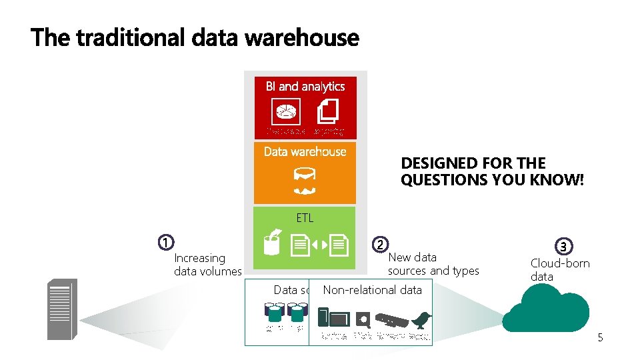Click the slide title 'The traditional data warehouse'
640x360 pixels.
[194, 37]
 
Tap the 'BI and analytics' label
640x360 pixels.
[305, 87]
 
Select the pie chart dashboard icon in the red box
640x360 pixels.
[286, 111]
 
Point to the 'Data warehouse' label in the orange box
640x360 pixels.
[305, 152]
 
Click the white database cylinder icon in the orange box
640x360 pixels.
[305, 175]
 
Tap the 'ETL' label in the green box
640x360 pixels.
[305, 218]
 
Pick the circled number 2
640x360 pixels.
[379, 244]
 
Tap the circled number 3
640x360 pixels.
[565, 247]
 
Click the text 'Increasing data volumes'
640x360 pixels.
[207, 265]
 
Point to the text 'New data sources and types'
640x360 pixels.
[433, 264]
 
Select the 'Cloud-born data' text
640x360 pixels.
[560, 269]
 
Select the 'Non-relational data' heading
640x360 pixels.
[372, 290]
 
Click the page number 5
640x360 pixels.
[600, 338]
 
